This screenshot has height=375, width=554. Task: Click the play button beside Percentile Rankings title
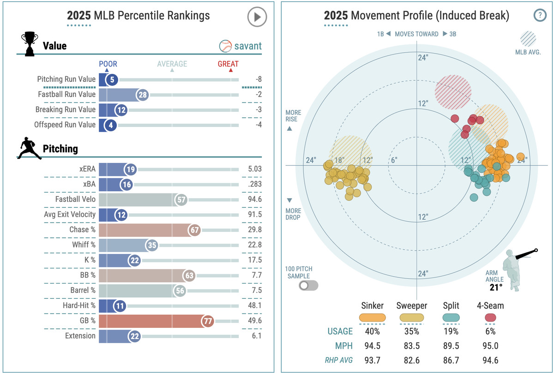[257, 18]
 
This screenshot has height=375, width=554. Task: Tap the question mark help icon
[539, 15]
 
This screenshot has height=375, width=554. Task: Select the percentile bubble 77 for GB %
[207, 321]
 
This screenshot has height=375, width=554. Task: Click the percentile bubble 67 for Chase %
[194, 230]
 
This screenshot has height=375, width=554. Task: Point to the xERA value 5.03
[254, 169]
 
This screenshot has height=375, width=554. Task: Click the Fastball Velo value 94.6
[254, 200]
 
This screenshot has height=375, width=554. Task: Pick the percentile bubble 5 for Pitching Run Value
[112, 80]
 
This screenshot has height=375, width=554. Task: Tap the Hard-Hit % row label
[79, 305]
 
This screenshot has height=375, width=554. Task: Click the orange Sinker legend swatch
[372, 317]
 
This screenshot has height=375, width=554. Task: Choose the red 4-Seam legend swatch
[490, 317]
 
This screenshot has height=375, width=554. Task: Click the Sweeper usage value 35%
[411, 331]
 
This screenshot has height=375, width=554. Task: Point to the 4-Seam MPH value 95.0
[490, 346]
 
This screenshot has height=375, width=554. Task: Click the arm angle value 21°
[496, 288]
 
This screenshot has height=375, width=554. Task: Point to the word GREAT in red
[228, 64]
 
